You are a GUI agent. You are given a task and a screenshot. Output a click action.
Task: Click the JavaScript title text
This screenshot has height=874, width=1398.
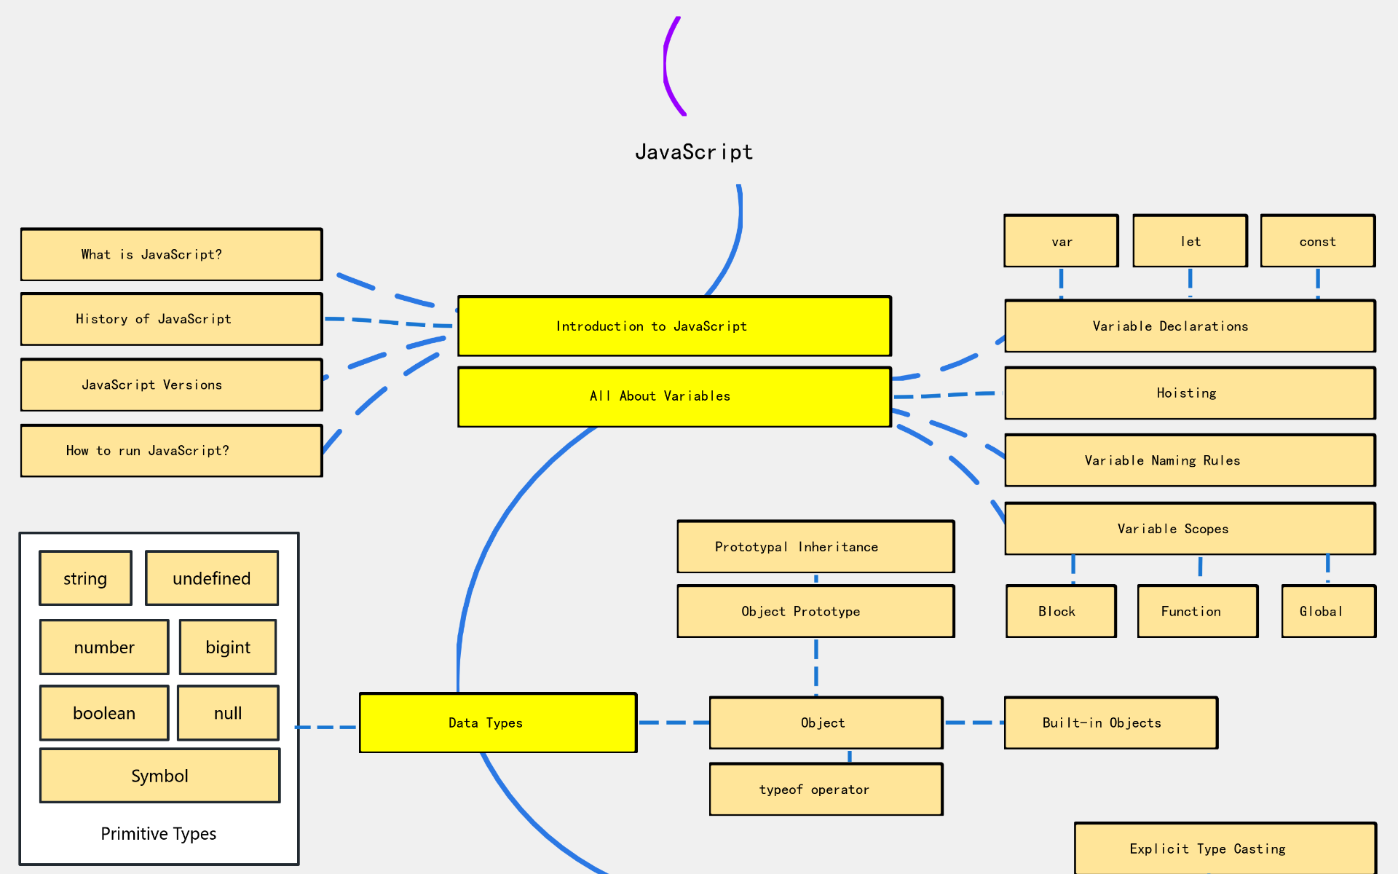click(694, 151)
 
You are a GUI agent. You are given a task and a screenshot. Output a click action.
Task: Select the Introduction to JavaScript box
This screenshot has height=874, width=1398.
click(674, 326)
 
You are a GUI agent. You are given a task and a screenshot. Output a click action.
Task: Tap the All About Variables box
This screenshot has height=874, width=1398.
click(674, 396)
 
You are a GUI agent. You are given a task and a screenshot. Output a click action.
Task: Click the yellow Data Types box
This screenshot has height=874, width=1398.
click(498, 723)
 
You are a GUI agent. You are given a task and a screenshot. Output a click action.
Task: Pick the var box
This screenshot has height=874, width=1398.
click(1061, 241)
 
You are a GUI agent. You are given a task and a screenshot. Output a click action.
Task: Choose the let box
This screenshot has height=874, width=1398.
click(1190, 241)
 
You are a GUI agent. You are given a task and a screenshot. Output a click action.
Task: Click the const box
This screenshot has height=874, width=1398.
click(1317, 241)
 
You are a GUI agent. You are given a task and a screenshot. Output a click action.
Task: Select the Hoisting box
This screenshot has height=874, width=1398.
click(1190, 393)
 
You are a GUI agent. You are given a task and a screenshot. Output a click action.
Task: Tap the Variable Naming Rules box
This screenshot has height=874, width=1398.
click(1190, 460)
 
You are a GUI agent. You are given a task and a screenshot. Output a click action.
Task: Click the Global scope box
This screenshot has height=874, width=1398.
click(1328, 611)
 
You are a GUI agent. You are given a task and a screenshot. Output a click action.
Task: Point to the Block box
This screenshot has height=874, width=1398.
click(1061, 611)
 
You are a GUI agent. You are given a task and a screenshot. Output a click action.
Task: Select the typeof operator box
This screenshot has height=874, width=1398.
click(826, 790)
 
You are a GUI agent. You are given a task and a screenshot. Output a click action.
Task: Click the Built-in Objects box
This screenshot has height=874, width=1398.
click(1110, 723)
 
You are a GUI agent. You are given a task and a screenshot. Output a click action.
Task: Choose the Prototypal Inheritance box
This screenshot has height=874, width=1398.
click(815, 546)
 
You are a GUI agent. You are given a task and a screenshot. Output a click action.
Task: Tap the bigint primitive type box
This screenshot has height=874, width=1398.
click(228, 647)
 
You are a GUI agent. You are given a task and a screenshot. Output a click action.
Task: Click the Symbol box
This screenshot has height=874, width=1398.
click(159, 776)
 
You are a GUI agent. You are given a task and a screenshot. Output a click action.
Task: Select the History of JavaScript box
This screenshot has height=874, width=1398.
click(171, 319)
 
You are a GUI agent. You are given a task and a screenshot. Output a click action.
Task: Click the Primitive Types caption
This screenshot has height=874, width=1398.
click(159, 834)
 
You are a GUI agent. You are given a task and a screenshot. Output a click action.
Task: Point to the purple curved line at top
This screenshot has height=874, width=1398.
click(666, 66)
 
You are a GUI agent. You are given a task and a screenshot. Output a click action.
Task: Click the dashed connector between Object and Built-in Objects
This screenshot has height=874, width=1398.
click(974, 723)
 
